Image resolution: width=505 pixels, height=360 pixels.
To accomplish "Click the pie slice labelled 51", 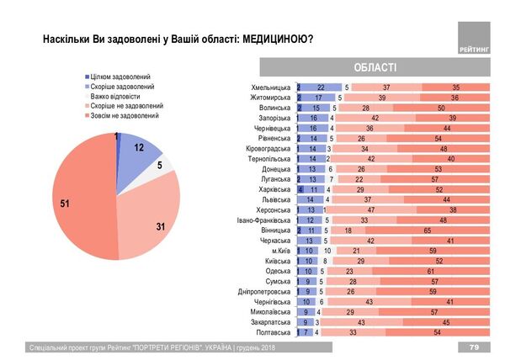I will point(72,202).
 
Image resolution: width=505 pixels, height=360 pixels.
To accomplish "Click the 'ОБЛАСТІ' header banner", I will point(371,67).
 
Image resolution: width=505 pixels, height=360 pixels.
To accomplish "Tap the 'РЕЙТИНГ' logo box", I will point(476,40).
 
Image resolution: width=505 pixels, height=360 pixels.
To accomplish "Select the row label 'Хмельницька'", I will point(270,87).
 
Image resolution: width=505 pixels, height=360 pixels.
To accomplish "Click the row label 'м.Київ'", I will point(281,251).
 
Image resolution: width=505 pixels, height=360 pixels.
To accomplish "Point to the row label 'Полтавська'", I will point(273,332).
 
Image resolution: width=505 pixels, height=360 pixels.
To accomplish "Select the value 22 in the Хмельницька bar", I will point(321,87).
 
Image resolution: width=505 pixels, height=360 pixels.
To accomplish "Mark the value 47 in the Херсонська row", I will point(371,210).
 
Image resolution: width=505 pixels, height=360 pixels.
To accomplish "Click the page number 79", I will point(474,347).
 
